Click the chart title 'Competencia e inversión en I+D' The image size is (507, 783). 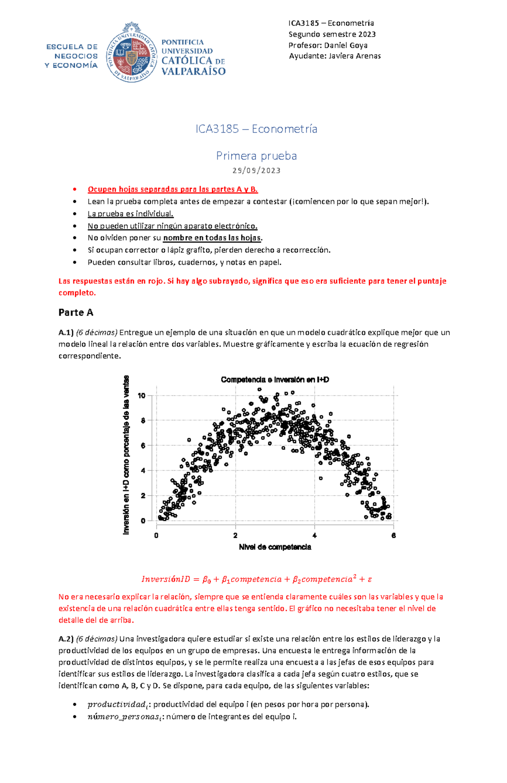(275, 379)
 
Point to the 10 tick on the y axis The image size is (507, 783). (142, 396)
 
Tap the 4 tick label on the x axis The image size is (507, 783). (314, 535)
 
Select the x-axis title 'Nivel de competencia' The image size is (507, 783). (275, 547)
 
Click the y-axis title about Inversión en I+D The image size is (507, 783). (126, 455)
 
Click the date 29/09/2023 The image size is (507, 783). (256, 171)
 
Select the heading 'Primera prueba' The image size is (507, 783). (256, 156)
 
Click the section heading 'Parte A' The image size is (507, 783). (76, 312)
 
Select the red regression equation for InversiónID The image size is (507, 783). (256, 579)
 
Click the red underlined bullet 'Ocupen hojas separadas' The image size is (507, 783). (172, 189)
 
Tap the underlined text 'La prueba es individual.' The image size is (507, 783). (131, 214)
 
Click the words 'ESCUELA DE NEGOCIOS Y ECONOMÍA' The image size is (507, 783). (71, 56)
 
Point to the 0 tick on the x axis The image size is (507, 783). (156, 535)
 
